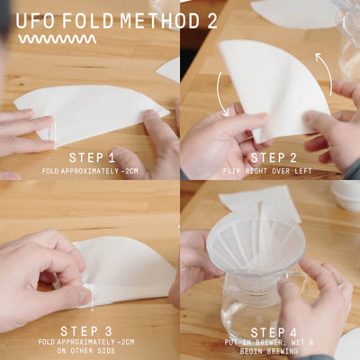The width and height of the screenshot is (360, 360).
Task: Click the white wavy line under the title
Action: point(57,40)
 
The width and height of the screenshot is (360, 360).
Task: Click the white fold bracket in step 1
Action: point(55,133)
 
